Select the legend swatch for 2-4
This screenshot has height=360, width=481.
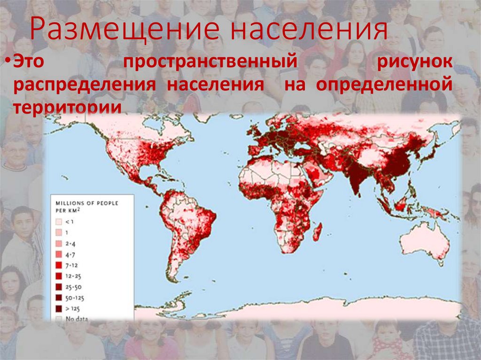[x=59, y=243]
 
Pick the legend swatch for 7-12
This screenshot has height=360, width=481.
[x=59, y=265]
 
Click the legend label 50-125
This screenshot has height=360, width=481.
[x=76, y=298]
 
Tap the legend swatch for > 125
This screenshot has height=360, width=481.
[x=59, y=308]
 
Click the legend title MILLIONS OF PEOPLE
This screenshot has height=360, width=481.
[x=87, y=203]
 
